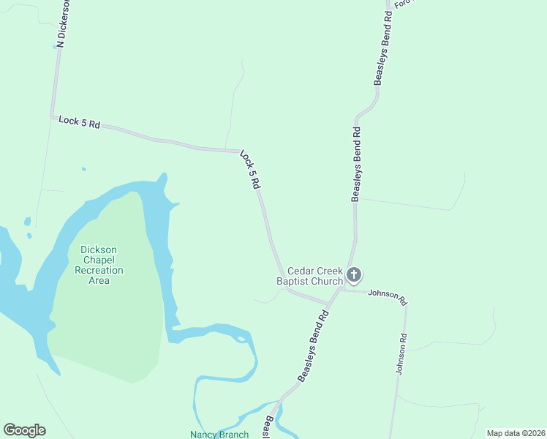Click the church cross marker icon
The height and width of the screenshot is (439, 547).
[354, 276]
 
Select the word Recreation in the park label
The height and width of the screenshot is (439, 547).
[99, 270]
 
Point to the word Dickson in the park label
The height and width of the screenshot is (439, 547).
[99, 249]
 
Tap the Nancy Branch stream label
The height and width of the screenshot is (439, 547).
[219, 434]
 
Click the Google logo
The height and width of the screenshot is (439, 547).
[24, 430]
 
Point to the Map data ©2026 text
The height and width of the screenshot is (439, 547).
[516, 433]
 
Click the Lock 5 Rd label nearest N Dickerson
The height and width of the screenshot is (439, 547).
[79, 122]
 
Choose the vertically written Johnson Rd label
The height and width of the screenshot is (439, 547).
[400, 355]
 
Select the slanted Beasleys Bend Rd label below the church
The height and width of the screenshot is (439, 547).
[314, 345]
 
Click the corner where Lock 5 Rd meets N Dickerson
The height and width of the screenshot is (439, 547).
[52, 116]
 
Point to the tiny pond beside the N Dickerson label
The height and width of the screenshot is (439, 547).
[56, 45]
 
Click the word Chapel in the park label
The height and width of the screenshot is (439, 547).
[99, 260]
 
